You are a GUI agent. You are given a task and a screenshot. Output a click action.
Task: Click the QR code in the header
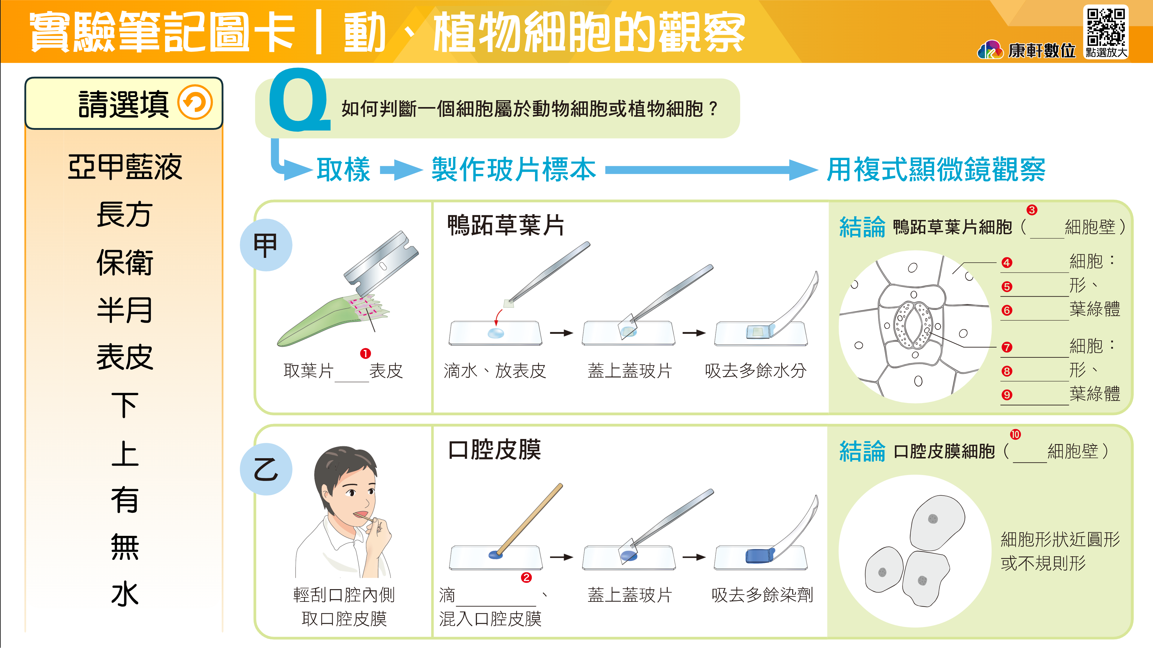pyautogui.click(x=1106, y=27)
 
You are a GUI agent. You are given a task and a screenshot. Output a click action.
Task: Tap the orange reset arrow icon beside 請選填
pyautogui.click(x=195, y=103)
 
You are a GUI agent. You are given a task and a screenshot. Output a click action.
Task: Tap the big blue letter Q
pyautogui.click(x=299, y=100)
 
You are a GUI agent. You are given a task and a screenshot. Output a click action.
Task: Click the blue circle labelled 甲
pyautogui.click(x=266, y=245)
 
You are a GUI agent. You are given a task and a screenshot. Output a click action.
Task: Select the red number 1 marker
pyautogui.click(x=365, y=354)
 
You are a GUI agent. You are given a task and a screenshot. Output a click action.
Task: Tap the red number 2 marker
pyautogui.click(x=526, y=578)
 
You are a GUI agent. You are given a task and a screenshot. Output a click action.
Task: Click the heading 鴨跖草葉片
pyautogui.click(x=506, y=225)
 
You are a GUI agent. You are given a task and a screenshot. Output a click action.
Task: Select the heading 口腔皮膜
pyautogui.click(x=494, y=449)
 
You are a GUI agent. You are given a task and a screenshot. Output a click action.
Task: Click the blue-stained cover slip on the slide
pyautogui.click(x=760, y=555)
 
